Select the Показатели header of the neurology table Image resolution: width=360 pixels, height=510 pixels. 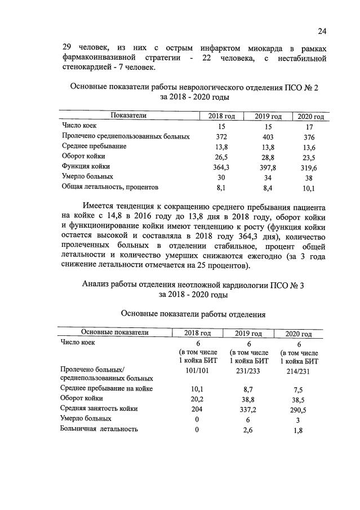[128, 116]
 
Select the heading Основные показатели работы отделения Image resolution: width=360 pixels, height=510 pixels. [193, 313]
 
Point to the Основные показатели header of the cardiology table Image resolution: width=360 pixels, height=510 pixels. [114, 332]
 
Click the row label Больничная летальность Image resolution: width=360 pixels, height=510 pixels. [99, 429]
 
